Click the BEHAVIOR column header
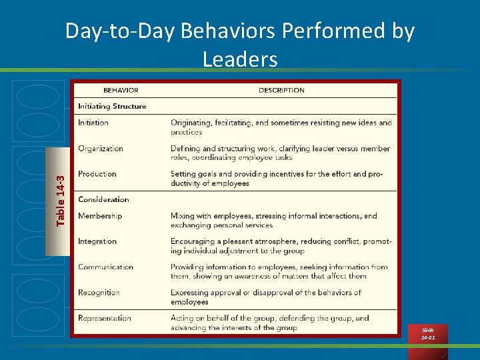pyautogui.click(x=121, y=91)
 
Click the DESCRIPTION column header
pyautogui.click(x=281, y=91)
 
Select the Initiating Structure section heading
pyautogui.click(x=111, y=106)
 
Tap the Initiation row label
pyautogui.click(x=93, y=123)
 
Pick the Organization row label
pyautogui.click(x=101, y=149)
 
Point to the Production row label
pyautogui.click(x=97, y=174)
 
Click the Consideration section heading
pyautogui.click(x=103, y=199)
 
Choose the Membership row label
pyautogui.click(x=100, y=216)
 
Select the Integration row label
pyautogui.click(x=97, y=241)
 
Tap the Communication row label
pyautogui.click(x=105, y=267)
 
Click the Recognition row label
pyautogui.click(x=99, y=293)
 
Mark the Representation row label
pyautogui.click(x=105, y=318)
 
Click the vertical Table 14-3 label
pyautogui.click(x=61, y=200)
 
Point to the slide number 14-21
pyautogui.click(x=427, y=338)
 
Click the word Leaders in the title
pyautogui.click(x=240, y=60)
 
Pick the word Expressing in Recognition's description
pyautogui.click(x=190, y=293)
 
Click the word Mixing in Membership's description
pyautogui.click(x=182, y=216)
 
